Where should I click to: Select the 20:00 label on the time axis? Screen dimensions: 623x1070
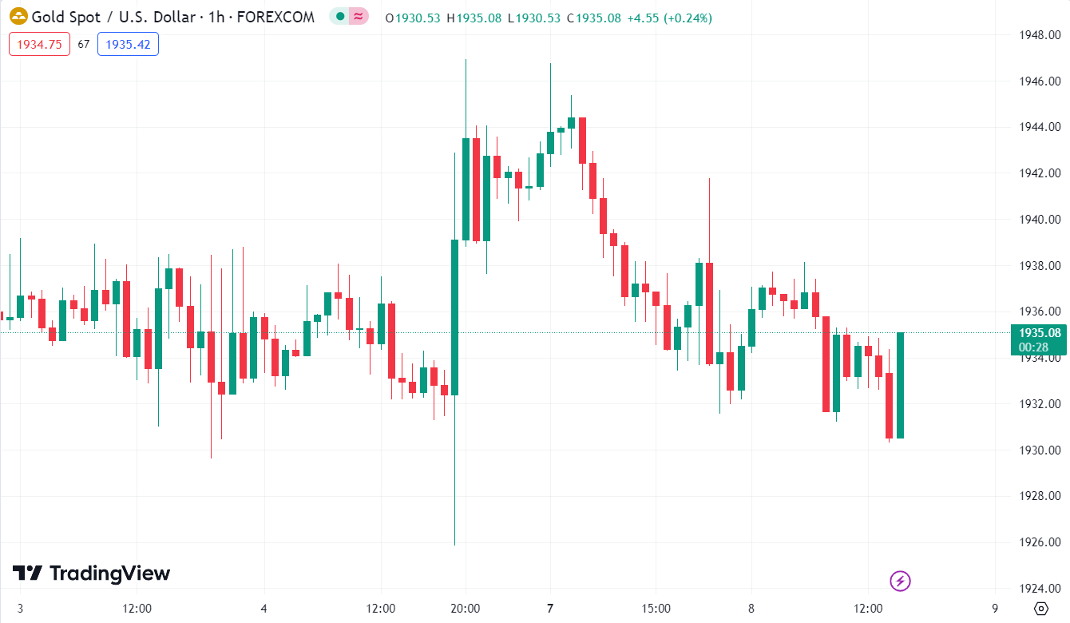[465, 609]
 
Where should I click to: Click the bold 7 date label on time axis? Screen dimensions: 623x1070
[550, 609]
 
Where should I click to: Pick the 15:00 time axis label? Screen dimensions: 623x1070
[656, 609]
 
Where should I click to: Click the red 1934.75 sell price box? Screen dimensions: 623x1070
[39, 44]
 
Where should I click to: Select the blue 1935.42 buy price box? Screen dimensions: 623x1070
[128, 44]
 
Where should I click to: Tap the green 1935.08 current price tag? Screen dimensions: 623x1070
[1039, 333]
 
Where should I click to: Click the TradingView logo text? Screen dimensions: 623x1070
[109, 573]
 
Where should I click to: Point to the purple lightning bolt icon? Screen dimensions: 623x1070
[900, 581]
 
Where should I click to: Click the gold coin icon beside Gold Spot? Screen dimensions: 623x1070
[18, 17]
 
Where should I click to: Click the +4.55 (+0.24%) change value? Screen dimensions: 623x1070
[669, 18]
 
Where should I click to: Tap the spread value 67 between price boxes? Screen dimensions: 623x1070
[84, 45]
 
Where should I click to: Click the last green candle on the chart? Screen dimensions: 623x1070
[900, 385]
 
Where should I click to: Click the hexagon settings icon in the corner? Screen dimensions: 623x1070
[1041, 609]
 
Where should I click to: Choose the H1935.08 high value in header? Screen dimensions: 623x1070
[476, 18]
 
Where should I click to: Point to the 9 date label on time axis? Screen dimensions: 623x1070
[995, 609]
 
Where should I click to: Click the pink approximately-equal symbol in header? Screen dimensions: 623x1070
[359, 17]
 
